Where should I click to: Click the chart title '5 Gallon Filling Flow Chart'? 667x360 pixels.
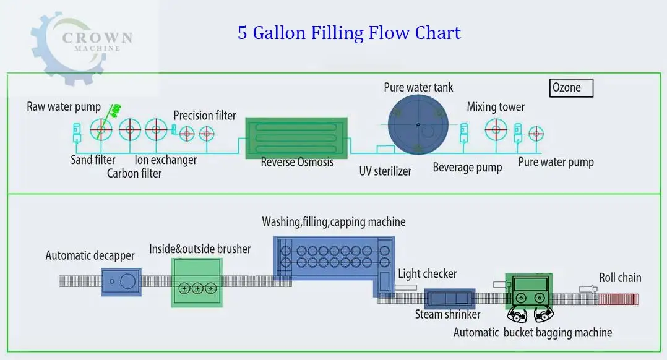click(x=349, y=33)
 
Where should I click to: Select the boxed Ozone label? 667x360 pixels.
click(x=571, y=88)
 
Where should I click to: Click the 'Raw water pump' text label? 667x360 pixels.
click(x=63, y=106)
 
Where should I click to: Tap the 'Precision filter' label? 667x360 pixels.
click(x=204, y=115)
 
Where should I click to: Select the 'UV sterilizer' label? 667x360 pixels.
click(x=385, y=171)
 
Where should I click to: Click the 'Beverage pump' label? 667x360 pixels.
click(x=467, y=168)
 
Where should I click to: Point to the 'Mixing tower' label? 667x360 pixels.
click(x=495, y=107)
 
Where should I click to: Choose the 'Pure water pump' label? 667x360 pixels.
click(x=556, y=163)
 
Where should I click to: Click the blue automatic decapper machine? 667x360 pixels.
click(x=121, y=282)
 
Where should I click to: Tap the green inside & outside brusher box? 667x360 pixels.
click(x=197, y=281)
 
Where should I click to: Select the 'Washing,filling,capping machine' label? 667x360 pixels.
click(x=333, y=221)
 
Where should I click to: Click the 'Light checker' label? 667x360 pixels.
click(x=427, y=273)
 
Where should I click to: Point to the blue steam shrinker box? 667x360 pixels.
click(x=449, y=298)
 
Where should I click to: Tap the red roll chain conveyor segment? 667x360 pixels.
click(x=618, y=299)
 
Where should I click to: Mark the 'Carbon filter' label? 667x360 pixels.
click(x=134, y=173)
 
